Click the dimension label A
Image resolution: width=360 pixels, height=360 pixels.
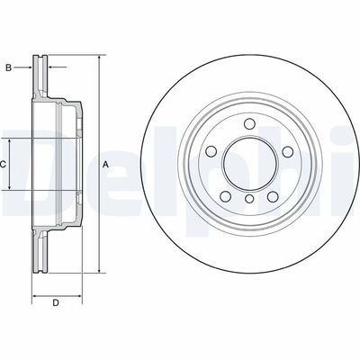[x=105, y=165]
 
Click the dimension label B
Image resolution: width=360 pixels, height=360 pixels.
[x=9, y=67]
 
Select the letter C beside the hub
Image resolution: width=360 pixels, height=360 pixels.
[x=4, y=165]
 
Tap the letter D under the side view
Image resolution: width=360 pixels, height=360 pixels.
[x=55, y=302]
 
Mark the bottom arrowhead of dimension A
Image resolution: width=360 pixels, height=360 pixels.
[x=97, y=271]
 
